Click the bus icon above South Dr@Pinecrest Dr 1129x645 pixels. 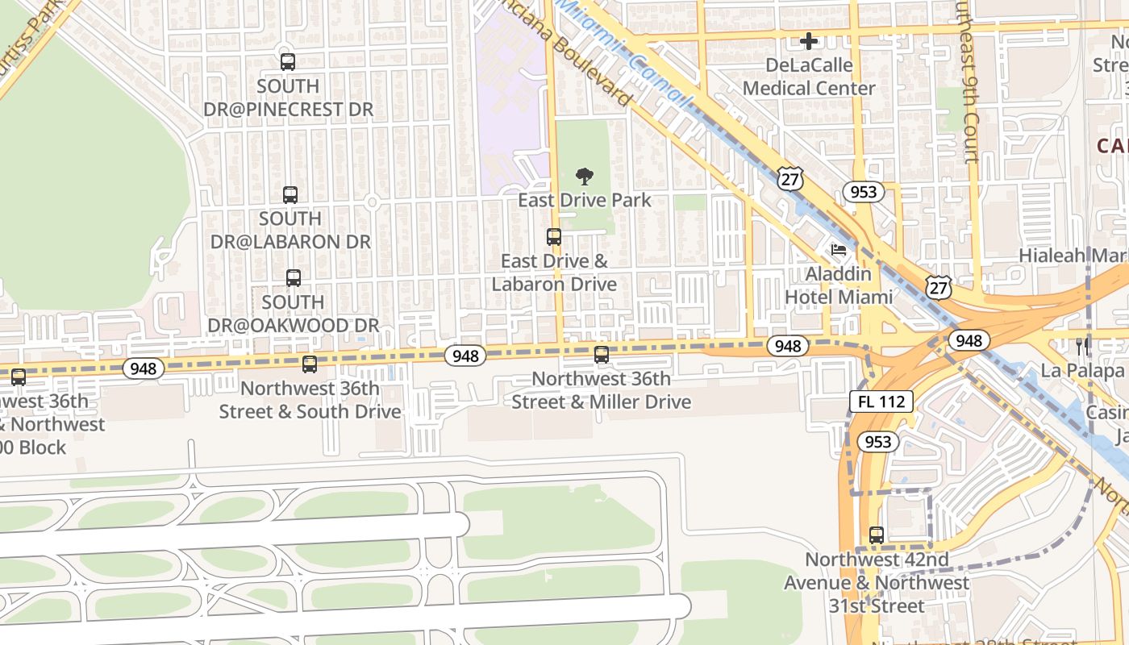point(288,62)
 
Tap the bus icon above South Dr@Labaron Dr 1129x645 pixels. point(290,195)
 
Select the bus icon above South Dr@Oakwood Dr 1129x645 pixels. point(294,278)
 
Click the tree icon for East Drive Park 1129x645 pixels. point(585,177)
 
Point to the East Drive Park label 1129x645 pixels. point(585,200)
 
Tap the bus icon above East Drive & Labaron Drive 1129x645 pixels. point(554,237)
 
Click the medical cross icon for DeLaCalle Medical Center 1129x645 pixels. point(809,41)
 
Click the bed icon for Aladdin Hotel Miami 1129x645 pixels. point(839,250)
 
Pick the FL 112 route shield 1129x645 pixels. point(881,402)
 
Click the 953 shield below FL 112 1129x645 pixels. point(877,442)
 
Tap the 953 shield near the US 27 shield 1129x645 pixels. point(863,192)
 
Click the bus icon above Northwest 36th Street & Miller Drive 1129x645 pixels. point(602,355)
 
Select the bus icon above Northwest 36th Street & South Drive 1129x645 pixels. point(310,364)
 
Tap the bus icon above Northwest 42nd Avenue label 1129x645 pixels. point(877,535)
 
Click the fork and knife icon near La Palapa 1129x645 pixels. point(1082,347)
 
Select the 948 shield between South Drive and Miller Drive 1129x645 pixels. point(465,356)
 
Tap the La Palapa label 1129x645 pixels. point(1083,371)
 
